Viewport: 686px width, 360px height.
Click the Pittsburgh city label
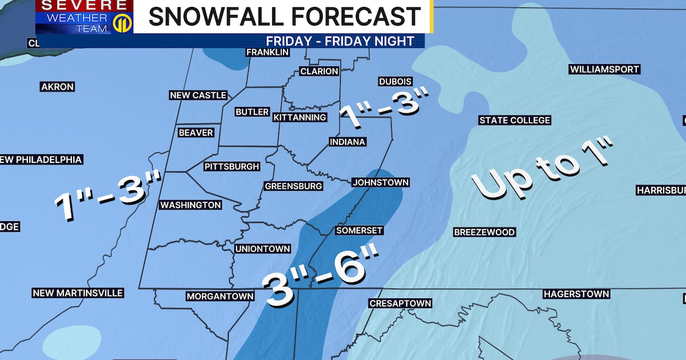point(232,167)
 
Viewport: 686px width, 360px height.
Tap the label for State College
point(514,120)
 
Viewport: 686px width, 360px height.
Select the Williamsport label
point(604,69)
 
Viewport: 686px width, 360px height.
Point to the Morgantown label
point(220,296)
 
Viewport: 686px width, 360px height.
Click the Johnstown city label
point(381,182)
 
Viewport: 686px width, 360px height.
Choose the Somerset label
point(359,230)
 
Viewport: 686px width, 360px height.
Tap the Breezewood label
point(484,232)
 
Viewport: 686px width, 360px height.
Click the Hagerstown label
point(576,294)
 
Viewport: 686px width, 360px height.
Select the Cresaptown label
point(400,303)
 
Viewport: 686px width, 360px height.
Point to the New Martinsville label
point(78,293)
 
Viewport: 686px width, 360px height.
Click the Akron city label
point(57,87)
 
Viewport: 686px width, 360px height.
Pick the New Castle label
point(198,95)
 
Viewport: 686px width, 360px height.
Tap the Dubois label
point(395,82)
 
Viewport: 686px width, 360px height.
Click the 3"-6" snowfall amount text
point(315,273)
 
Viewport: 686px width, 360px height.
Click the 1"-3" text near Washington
point(107,196)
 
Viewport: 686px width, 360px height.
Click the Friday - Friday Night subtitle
point(340,41)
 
